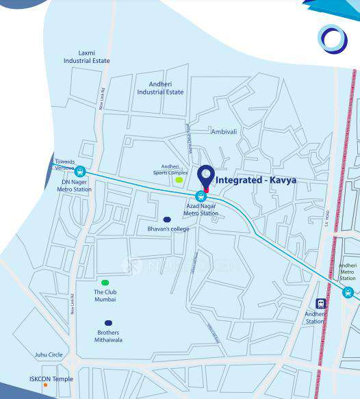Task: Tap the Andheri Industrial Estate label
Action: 161,88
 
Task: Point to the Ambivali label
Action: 224,131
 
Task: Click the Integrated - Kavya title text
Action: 248,180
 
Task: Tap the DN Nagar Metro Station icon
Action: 81,172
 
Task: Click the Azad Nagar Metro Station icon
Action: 201,196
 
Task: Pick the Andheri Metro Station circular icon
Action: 348,293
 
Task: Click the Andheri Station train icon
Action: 320,303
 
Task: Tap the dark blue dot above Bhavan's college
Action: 167,220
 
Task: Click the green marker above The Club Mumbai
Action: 105,282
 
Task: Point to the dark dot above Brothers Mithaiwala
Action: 108,323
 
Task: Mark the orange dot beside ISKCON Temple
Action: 46,385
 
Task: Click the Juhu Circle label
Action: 49,355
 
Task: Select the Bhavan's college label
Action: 168,229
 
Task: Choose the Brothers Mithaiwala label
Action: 108,336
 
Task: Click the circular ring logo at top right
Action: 333,38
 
